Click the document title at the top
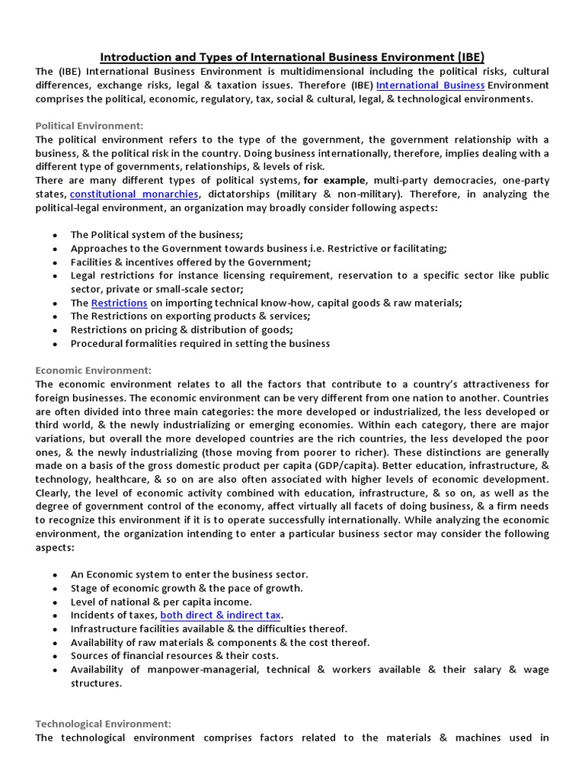(292, 57)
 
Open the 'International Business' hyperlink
(430, 85)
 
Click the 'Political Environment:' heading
(89, 126)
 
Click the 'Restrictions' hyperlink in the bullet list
(119, 303)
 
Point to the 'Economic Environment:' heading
(93, 371)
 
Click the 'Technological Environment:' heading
(103, 724)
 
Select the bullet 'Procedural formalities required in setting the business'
(200, 344)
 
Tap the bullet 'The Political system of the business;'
(157, 235)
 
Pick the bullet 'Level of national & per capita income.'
(161, 601)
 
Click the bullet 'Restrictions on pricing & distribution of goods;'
(181, 330)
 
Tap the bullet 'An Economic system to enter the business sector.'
(189, 574)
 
